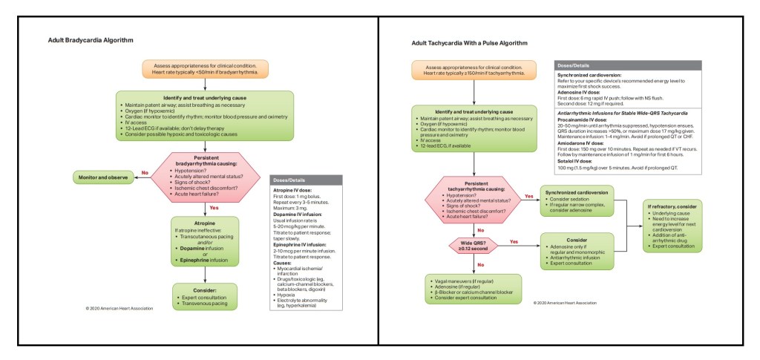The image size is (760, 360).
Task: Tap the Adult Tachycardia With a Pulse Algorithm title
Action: pos(474,44)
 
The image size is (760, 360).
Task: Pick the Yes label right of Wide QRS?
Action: pos(514,241)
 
